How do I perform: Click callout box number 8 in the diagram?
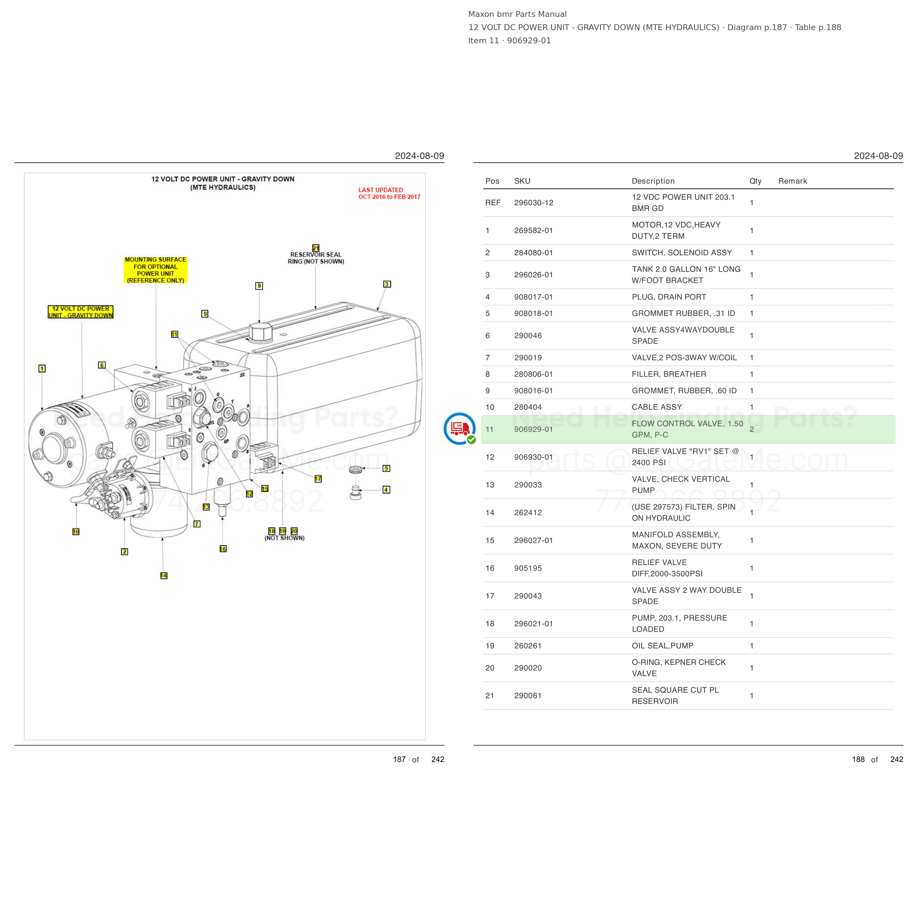[259, 286]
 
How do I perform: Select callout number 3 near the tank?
[387, 284]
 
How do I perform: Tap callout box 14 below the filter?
[163, 575]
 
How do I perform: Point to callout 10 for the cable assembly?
[76, 532]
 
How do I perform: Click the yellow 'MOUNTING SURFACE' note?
[155, 270]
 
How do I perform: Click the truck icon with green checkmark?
[459, 429]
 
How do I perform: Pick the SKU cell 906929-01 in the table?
[533, 429]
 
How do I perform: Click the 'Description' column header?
[653, 181]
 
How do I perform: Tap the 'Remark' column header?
[792, 181]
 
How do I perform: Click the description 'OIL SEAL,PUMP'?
[662, 646]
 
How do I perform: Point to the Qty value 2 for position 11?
[752, 429]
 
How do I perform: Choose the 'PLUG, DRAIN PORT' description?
[669, 297]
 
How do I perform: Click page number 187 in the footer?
[399, 759]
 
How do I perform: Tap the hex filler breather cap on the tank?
[260, 331]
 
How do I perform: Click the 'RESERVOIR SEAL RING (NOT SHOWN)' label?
[316, 258]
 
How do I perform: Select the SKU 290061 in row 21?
[527, 695]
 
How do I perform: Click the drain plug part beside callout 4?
[355, 493]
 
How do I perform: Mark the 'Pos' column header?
[492, 181]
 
